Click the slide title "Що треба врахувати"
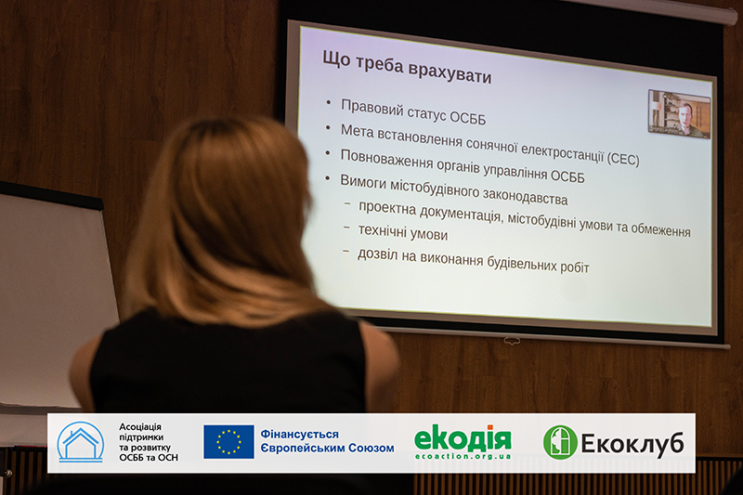point(407,68)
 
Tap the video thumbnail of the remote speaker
point(679,114)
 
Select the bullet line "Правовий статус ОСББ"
point(413,111)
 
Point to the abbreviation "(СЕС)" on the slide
point(623,158)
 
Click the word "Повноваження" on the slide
point(386,159)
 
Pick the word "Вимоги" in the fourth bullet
point(363,181)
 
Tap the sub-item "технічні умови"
point(403,232)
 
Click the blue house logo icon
point(81,442)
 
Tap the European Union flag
point(228,442)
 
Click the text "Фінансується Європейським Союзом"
point(327,441)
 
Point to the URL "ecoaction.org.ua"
point(463,456)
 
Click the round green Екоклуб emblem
point(560,442)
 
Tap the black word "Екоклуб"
point(632,444)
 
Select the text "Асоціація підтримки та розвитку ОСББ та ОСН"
point(149,442)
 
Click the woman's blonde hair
point(223,223)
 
